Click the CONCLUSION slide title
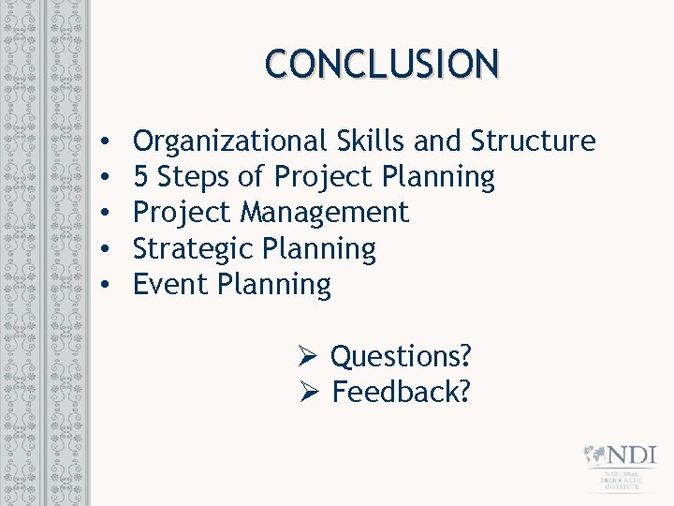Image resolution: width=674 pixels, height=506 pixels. click(x=382, y=64)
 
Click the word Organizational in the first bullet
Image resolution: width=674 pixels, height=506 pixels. click(x=227, y=141)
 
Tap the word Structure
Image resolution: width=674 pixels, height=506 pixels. click(x=533, y=141)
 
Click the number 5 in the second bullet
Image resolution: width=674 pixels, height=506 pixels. click(x=140, y=177)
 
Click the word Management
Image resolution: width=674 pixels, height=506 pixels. click(x=325, y=213)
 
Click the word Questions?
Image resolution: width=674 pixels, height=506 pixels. click(x=402, y=357)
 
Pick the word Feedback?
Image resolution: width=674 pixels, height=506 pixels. click(x=401, y=393)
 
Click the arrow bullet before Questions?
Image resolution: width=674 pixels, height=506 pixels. click(x=311, y=357)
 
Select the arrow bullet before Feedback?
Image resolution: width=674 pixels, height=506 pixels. click(x=311, y=393)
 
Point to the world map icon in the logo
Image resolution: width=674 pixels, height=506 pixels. click(x=594, y=455)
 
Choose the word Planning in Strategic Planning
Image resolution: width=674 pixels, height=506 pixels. click(x=319, y=248)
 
